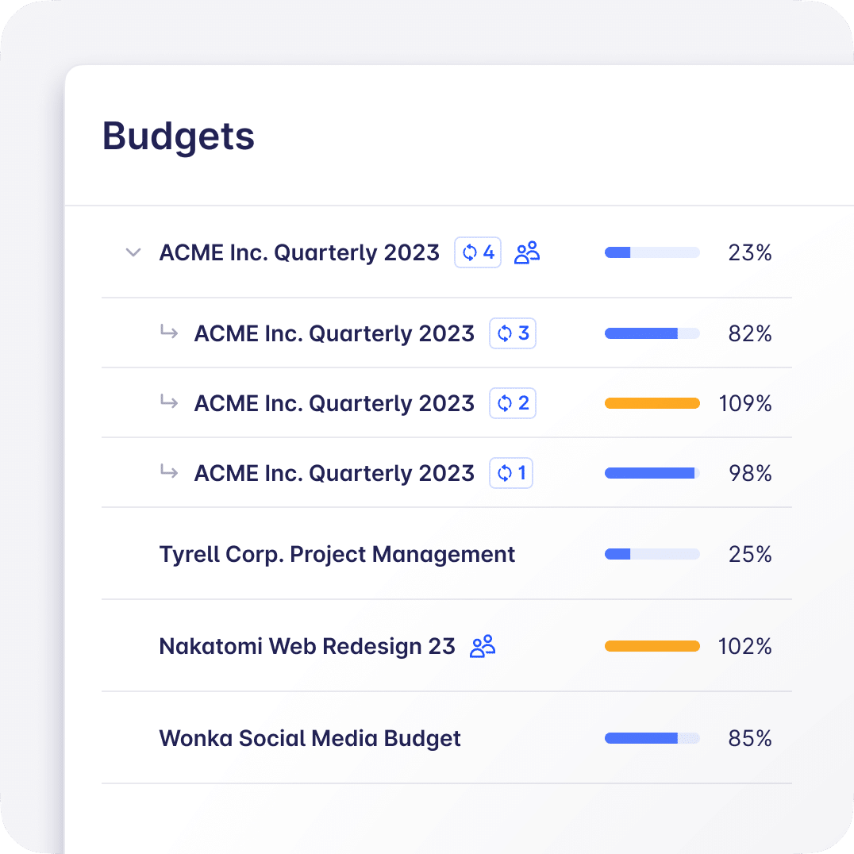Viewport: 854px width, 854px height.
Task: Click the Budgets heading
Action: [179, 136]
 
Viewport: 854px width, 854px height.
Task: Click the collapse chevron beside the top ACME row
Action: [133, 253]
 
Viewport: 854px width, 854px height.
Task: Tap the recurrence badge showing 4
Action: [478, 253]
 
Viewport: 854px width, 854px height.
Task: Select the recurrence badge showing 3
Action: [513, 334]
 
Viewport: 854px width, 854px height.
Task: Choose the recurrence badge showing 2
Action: [513, 404]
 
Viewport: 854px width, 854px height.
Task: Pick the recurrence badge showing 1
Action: [511, 474]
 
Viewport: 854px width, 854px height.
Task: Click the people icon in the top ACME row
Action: [527, 253]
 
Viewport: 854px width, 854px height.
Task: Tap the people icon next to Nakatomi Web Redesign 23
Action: [483, 647]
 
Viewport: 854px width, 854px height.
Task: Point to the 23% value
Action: [749, 253]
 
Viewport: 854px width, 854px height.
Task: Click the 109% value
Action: [744, 404]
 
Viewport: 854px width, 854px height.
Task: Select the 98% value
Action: [749, 474]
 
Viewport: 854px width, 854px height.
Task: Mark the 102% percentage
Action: [744, 647]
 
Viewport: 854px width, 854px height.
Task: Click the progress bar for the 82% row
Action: [652, 334]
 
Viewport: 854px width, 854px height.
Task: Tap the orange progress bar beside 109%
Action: [652, 404]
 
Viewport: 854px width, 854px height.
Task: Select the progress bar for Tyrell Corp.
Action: [652, 555]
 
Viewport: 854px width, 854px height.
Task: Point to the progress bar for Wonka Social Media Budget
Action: [652, 739]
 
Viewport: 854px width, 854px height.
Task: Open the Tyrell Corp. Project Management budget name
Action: [337, 555]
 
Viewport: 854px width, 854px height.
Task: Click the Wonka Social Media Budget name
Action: [310, 739]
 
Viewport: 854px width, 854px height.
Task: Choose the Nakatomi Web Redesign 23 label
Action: [307, 647]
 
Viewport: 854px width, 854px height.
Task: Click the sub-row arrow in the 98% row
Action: [168, 472]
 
